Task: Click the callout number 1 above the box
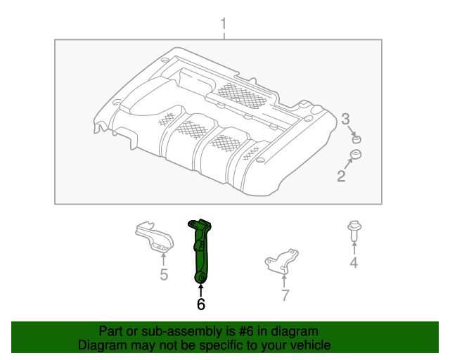click(x=224, y=25)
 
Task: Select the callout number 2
click(x=341, y=176)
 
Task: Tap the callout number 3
click(x=346, y=120)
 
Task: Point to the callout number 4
click(x=354, y=263)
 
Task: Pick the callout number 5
click(x=164, y=274)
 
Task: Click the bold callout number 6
click(x=201, y=304)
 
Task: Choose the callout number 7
click(x=285, y=295)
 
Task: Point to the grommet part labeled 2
click(x=356, y=155)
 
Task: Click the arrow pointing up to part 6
click(x=201, y=290)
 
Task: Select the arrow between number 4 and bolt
click(x=354, y=248)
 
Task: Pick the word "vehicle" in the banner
click(x=308, y=345)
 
